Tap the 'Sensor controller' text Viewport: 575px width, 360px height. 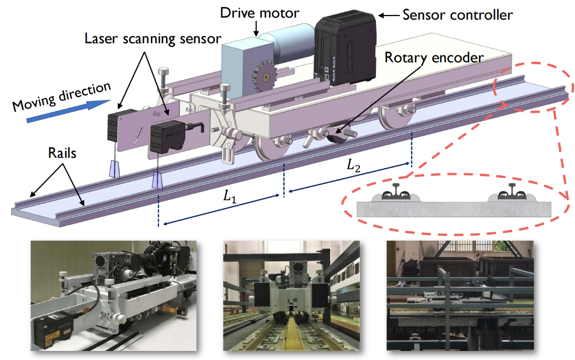[x=457, y=14]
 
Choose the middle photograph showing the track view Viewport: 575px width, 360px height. [x=292, y=296]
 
